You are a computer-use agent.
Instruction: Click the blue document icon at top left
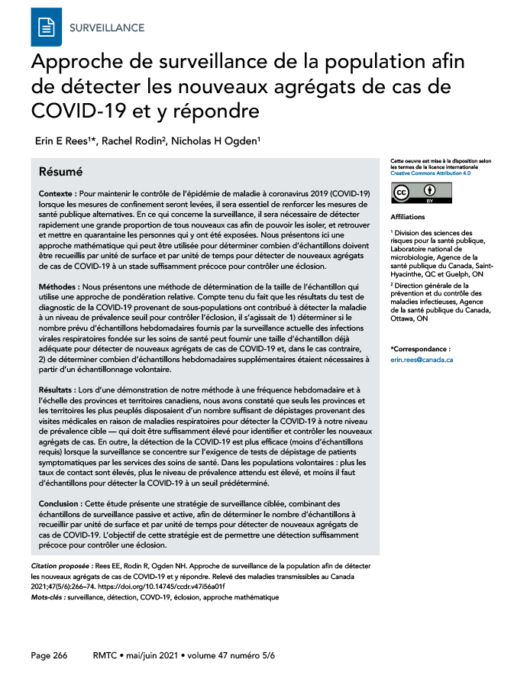tap(47, 27)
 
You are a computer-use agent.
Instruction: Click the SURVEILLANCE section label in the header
tap(106, 27)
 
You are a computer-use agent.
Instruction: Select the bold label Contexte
tap(59, 196)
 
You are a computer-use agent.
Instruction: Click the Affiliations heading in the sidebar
tap(408, 217)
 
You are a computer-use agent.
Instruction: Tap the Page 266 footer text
tap(49, 655)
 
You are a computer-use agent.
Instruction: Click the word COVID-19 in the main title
tap(72, 111)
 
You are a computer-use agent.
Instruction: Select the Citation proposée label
tap(61, 565)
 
